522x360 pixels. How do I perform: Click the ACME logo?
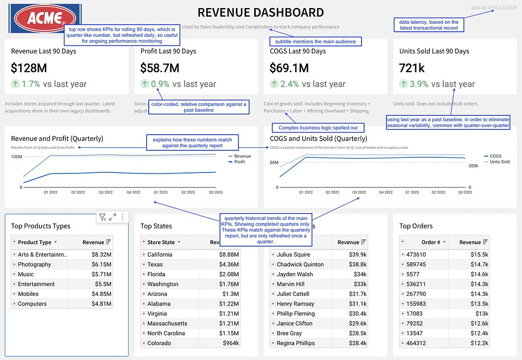click(x=45, y=19)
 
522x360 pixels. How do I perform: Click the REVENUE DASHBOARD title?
click(x=260, y=13)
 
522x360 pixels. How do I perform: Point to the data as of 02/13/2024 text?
click(x=494, y=8)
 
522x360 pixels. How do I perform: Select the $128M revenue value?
click(x=29, y=68)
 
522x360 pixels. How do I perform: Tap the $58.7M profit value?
click(x=160, y=68)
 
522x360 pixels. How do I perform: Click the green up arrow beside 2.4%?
click(x=274, y=84)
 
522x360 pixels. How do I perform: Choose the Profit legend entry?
click(x=239, y=162)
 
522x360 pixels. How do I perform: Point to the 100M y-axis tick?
click(x=17, y=157)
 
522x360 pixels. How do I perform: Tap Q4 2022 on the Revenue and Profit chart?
click(x=133, y=193)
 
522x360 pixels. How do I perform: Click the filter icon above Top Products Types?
click(x=102, y=217)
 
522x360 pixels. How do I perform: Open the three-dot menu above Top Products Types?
click(x=122, y=217)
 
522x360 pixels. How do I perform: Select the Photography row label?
click(x=34, y=264)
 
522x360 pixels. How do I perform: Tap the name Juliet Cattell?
click(x=293, y=294)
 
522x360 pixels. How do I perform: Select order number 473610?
click(x=416, y=255)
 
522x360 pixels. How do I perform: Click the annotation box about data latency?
click(x=429, y=25)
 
